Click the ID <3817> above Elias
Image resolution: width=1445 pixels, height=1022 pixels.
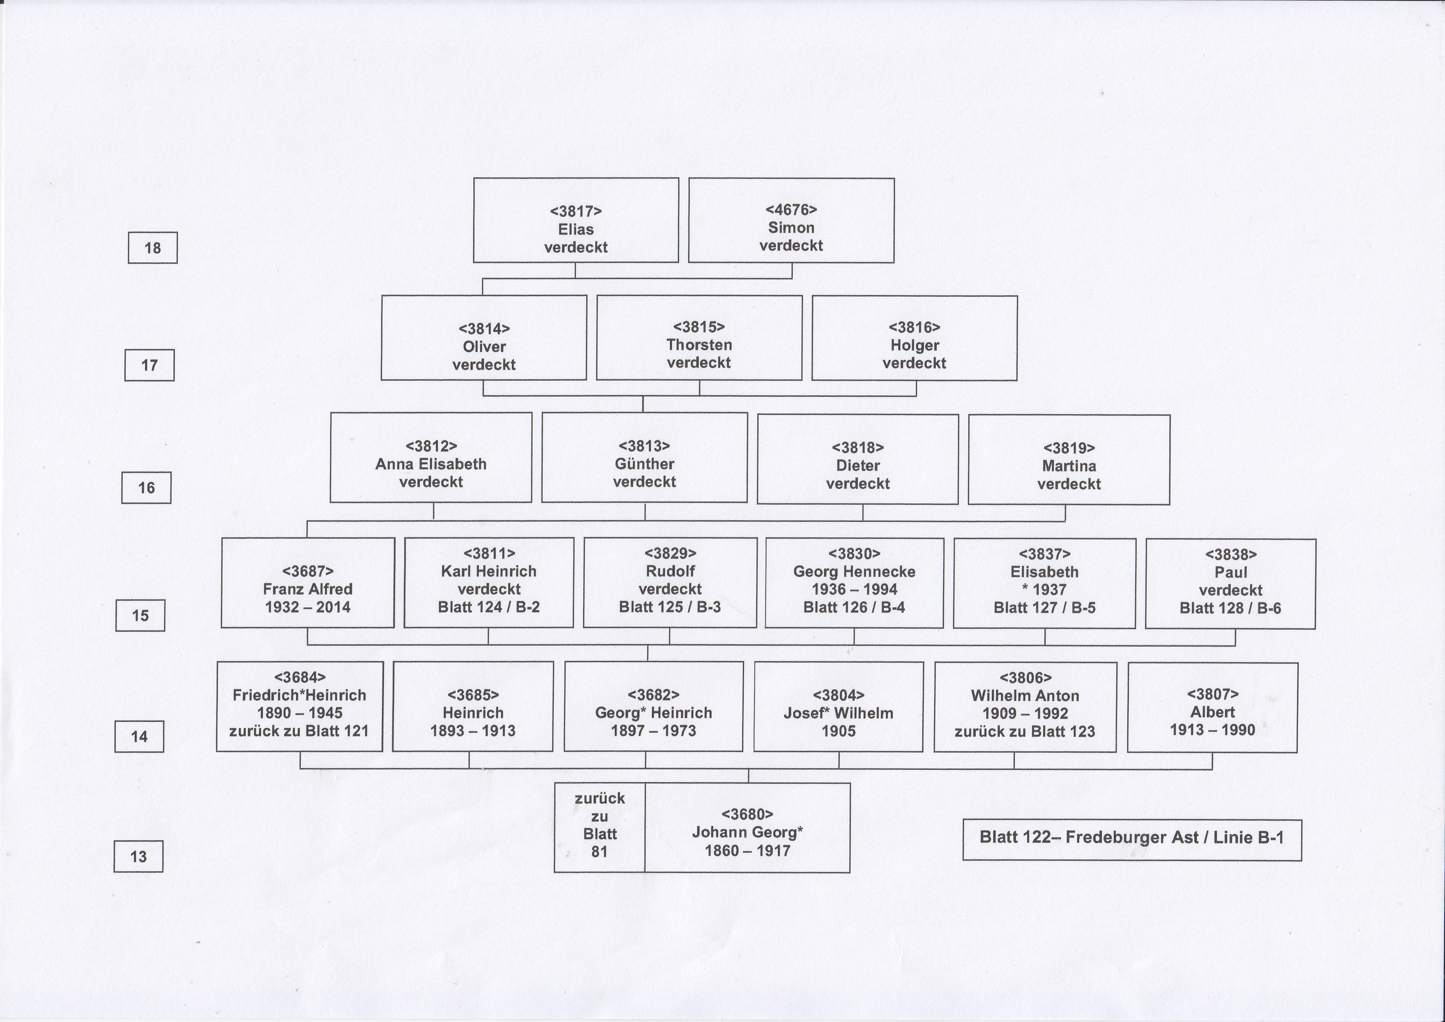[x=576, y=211]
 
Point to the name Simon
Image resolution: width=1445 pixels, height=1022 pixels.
[x=791, y=228]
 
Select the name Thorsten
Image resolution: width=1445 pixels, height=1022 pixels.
[x=699, y=345]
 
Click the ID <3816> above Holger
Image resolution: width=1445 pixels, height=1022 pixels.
[x=914, y=327]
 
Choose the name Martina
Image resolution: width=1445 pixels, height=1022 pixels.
[x=1069, y=466]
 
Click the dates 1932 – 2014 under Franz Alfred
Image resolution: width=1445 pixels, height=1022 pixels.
[x=308, y=607]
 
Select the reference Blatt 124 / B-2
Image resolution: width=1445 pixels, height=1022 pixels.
[x=489, y=607]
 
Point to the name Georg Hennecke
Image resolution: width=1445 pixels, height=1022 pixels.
[x=854, y=572]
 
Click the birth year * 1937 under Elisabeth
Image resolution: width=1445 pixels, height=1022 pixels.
[x=1045, y=590]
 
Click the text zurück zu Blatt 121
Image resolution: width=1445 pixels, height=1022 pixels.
[x=299, y=731]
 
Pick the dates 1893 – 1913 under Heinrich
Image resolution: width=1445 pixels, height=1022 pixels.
[x=473, y=731]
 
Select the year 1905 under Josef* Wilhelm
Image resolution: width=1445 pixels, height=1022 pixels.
[x=839, y=731]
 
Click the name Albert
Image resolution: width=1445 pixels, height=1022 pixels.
[x=1213, y=713]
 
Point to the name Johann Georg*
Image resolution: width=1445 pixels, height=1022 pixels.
[x=748, y=832]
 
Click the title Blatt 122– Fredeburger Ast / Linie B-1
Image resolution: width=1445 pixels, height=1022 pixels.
[x=1131, y=838]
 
